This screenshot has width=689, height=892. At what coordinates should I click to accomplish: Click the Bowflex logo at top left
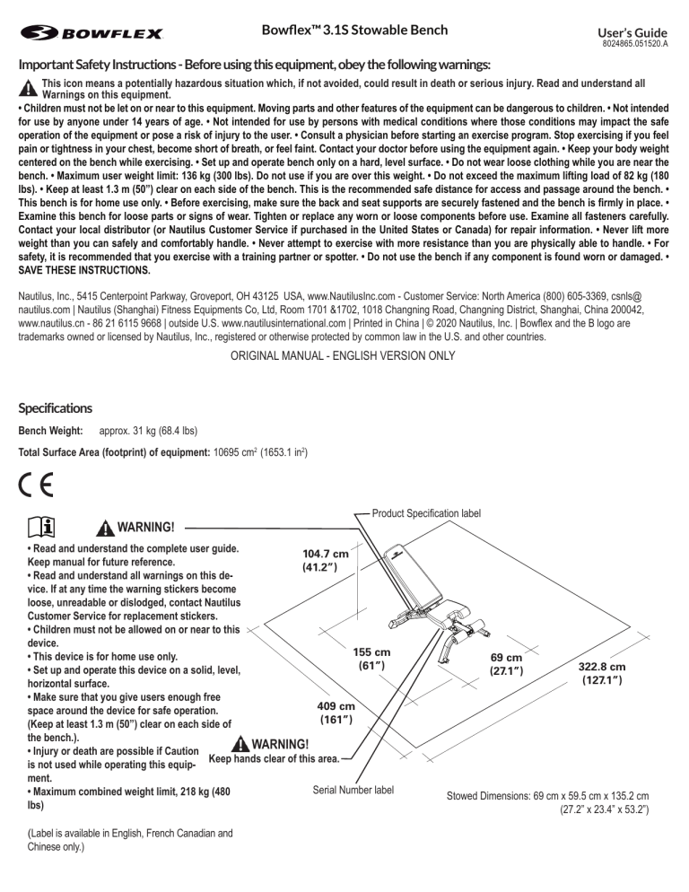pyautogui.click(x=91, y=34)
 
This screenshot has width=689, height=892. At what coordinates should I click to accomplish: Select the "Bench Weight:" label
pyautogui.click(x=52, y=432)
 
